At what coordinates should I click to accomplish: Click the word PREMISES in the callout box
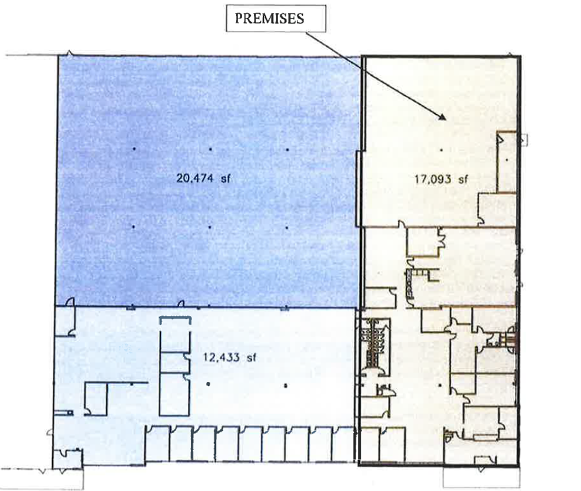pos(269,18)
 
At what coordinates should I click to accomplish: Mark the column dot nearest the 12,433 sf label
pos(208,385)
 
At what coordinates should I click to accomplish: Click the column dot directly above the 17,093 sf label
pos(441,150)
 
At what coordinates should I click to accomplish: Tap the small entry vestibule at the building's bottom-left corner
pos(65,459)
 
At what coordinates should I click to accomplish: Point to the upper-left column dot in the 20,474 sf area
pos(133,150)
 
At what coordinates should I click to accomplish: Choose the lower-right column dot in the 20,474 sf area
pos(287,226)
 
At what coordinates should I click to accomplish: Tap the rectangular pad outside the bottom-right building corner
pos(481,478)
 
